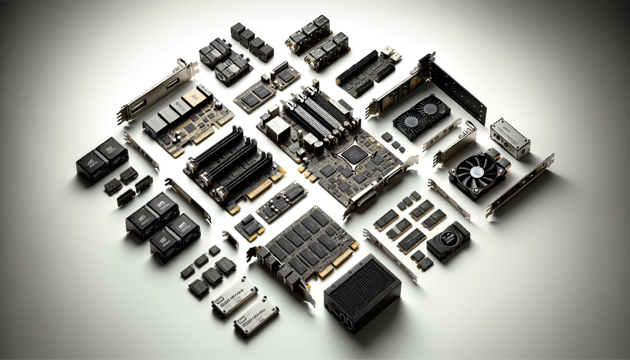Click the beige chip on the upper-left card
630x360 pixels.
point(196,95)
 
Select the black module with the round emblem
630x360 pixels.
point(448,239)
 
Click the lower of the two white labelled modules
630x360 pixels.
point(256,315)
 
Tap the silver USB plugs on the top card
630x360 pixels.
point(391,54)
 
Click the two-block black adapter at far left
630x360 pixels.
point(102,160)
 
